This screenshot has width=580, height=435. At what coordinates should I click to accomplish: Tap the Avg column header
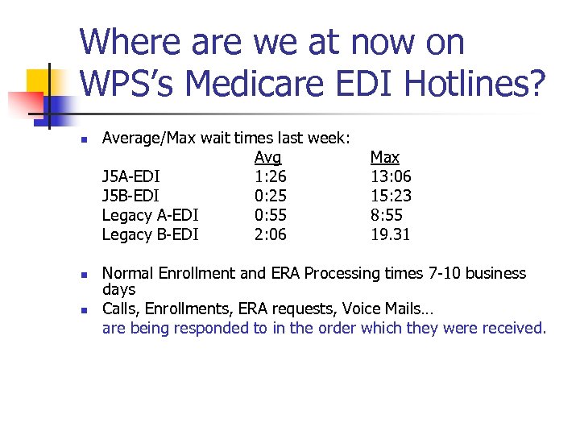click(x=267, y=157)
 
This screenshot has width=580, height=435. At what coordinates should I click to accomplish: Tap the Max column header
click(x=384, y=157)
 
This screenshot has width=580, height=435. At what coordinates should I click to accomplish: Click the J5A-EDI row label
click(x=130, y=176)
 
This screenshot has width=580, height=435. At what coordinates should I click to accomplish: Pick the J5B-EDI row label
click(x=130, y=196)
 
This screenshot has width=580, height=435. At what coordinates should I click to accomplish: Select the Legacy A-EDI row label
click(x=150, y=215)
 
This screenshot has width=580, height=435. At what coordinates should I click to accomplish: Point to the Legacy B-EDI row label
click(x=150, y=234)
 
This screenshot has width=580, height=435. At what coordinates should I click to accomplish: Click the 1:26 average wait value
click(x=270, y=176)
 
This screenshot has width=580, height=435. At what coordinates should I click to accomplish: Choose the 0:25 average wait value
click(x=270, y=196)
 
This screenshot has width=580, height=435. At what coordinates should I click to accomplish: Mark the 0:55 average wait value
click(x=270, y=215)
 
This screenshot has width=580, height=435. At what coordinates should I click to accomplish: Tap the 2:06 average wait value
click(x=270, y=234)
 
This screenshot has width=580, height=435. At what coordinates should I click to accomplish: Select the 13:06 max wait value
click(x=391, y=176)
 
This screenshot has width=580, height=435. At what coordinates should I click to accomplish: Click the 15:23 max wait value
click(x=391, y=196)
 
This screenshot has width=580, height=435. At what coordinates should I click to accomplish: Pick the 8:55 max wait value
click(x=387, y=215)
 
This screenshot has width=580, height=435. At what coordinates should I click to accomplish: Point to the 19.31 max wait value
click(x=391, y=234)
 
